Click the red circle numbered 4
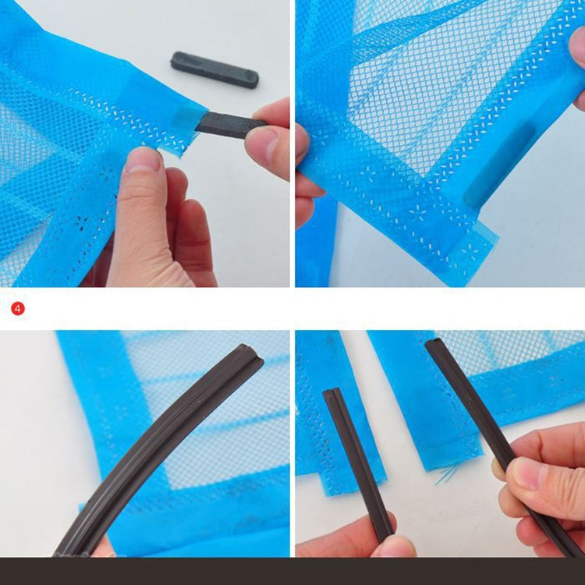[18, 308]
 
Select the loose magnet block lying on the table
[214, 69]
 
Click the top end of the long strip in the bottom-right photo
[432, 346]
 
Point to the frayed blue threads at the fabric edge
[448, 473]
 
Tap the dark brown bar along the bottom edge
[292, 571]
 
